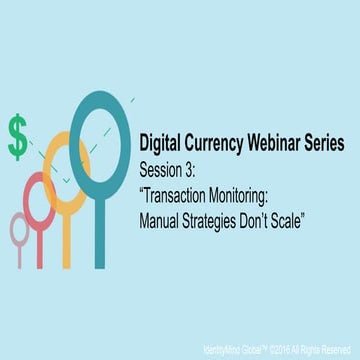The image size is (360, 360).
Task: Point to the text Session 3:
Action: [171, 167]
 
